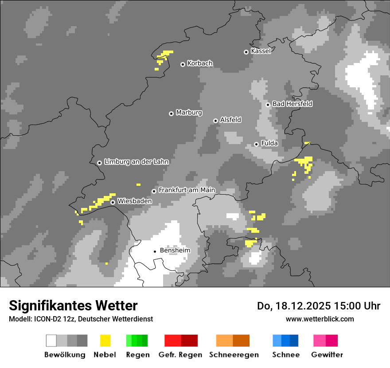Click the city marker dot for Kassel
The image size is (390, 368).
[x=246, y=52]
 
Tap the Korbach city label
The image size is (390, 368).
[x=200, y=63]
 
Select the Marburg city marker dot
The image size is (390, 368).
[x=171, y=114]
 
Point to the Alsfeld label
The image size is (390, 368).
[x=230, y=120]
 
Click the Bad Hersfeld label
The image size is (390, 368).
[x=292, y=104]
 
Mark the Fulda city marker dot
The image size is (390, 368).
[x=256, y=144]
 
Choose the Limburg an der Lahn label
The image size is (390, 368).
[x=136, y=162]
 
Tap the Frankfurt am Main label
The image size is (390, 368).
[x=187, y=190]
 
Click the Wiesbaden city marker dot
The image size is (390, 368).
[x=113, y=202]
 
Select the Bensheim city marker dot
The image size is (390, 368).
[x=155, y=251]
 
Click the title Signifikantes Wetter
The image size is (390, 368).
[x=73, y=305]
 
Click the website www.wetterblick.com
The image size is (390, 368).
[x=320, y=319]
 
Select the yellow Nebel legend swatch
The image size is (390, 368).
[x=105, y=341]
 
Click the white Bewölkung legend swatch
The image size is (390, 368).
[x=51, y=341]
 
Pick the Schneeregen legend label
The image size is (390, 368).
[x=234, y=355]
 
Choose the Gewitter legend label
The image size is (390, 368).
[x=327, y=355]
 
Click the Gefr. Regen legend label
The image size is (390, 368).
[x=180, y=355]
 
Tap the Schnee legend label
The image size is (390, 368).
[x=285, y=355]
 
